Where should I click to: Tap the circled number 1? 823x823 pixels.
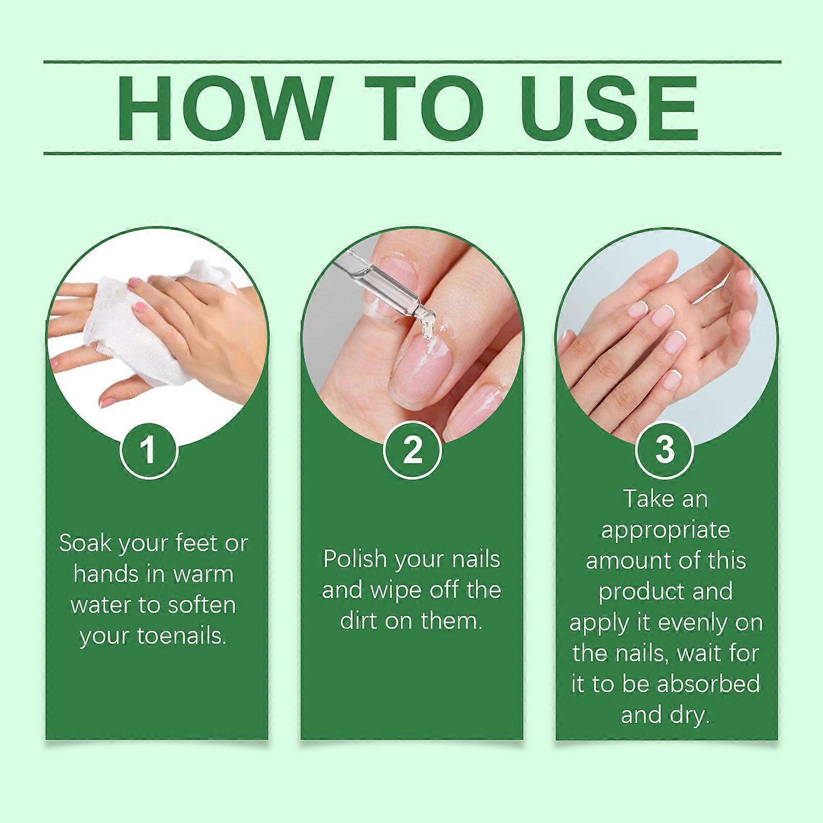149,450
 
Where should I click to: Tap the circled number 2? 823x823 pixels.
412,450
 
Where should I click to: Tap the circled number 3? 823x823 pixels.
665,449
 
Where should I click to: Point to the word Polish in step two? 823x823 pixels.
354,559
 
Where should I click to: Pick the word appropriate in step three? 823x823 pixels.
666,530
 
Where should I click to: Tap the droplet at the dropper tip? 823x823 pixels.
428,329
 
